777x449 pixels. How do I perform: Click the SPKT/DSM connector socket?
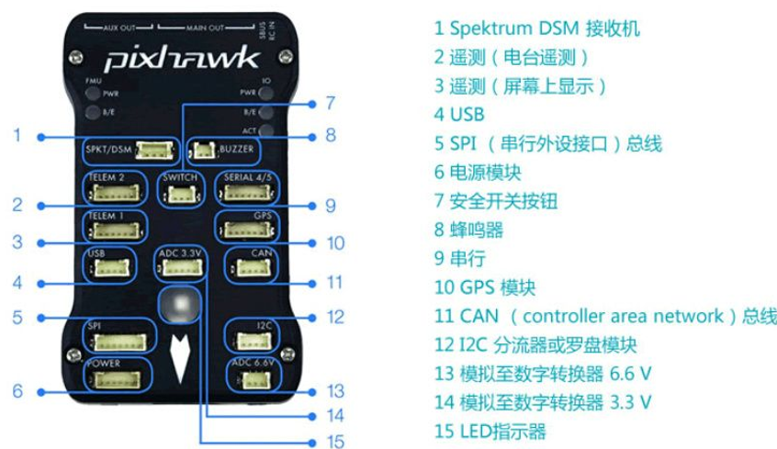click(x=154, y=151)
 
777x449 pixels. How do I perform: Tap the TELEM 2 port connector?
click(x=115, y=192)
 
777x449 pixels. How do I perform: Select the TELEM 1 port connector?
click(x=115, y=230)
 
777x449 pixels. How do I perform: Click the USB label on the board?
click(x=96, y=253)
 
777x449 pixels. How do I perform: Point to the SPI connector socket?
click(x=119, y=342)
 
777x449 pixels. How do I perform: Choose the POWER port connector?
click(x=117, y=379)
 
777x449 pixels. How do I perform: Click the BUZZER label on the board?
click(x=236, y=149)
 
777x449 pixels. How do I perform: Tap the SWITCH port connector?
click(x=181, y=194)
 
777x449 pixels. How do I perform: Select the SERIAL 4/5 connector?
click(x=247, y=192)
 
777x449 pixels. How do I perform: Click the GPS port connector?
click(x=247, y=230)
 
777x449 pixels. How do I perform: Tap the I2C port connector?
click(x=253, y=342)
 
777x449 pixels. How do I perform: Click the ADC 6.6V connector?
click(x=254, y=379)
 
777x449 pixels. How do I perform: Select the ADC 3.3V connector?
click(x=181, y=268)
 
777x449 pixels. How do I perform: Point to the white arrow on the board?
click(x=180, y=357)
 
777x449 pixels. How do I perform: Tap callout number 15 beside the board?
click(x=335, y=441)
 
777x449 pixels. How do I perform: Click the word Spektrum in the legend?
click(x=490, y=28)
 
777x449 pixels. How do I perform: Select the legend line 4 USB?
click(x=459, y=115)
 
